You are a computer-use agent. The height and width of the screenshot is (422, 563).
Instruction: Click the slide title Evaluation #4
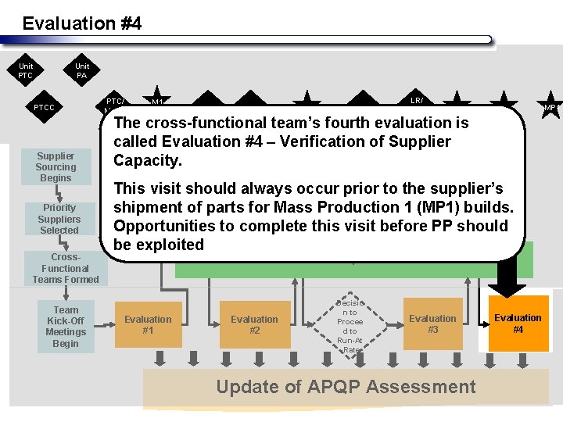[82, 23]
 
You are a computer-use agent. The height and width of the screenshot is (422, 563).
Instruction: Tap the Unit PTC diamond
[26, 71]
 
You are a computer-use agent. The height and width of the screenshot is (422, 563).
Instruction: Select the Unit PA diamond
[82, 71]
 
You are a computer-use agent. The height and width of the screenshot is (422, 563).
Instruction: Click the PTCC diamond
[45, 107]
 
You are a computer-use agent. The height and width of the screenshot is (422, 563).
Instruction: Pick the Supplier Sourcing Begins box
[56, 167]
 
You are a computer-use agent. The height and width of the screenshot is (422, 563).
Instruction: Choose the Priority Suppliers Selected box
[59, 219]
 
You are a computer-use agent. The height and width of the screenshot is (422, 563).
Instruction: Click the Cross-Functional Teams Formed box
[66, 268]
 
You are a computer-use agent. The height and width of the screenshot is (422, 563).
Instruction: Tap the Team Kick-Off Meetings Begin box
[66, 327]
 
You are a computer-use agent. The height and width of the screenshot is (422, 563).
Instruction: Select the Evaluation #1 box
[148, 324]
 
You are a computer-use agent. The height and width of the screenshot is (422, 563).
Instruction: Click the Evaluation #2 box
[254, 324]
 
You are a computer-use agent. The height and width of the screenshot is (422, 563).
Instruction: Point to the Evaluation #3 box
[432, 324]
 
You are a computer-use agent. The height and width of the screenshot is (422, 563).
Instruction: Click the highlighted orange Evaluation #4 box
[518, 324]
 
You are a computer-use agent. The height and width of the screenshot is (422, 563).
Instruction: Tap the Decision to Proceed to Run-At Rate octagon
[350, 325]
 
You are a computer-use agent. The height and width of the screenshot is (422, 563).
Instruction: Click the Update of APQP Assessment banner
[346, 387]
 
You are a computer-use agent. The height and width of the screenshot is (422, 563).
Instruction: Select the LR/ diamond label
[417, 100]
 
